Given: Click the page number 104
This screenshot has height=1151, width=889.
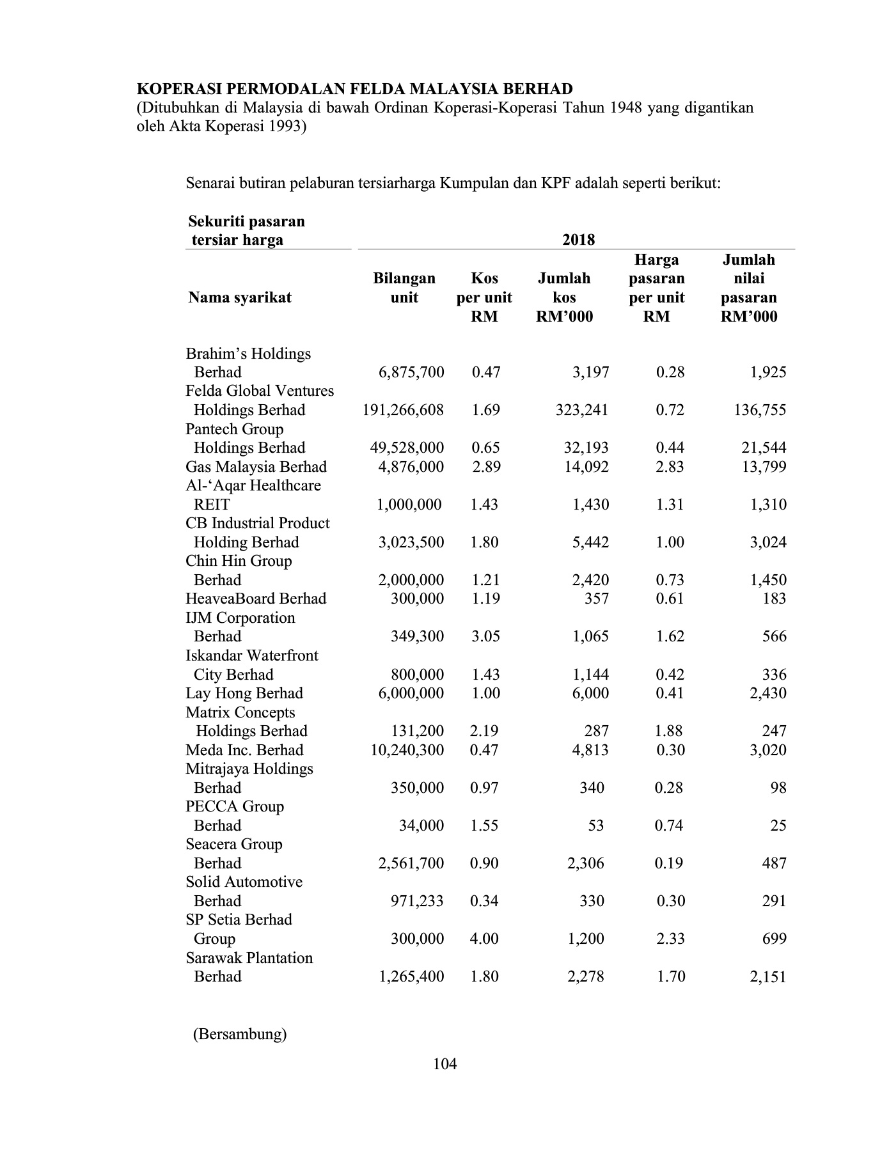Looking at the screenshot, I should pos(444,1064).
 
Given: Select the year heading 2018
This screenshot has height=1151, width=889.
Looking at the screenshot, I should pos(578,240).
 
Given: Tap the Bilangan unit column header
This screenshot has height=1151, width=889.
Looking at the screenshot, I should pos(404,288).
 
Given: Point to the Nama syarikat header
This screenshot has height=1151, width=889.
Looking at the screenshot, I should pos(240,297).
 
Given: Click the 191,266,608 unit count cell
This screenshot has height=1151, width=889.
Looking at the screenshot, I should pos(403,410).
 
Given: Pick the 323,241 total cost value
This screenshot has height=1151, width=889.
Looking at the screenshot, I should pos(582,410).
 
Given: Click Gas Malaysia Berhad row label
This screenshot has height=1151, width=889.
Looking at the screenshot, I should pos(256,467).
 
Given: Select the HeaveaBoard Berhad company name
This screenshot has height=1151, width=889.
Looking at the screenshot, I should pos(256,599).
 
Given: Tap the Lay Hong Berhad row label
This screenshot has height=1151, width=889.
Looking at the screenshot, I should pos(244,693).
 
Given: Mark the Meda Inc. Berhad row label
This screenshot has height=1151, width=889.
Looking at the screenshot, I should pos(244,750).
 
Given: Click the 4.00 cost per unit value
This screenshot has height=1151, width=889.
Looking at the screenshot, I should pos(484,939).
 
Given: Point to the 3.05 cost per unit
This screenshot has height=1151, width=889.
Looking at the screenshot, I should pos(484,636).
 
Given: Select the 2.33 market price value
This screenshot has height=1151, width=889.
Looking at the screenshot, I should pos(670,939).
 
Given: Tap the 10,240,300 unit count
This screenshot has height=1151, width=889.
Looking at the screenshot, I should pos(407,750).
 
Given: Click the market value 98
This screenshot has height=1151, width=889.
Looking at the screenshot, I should pos(778,788).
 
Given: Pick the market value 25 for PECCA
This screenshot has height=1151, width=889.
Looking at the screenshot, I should pos(778,826).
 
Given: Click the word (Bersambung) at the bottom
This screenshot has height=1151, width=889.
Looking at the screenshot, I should pos(240,1034).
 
